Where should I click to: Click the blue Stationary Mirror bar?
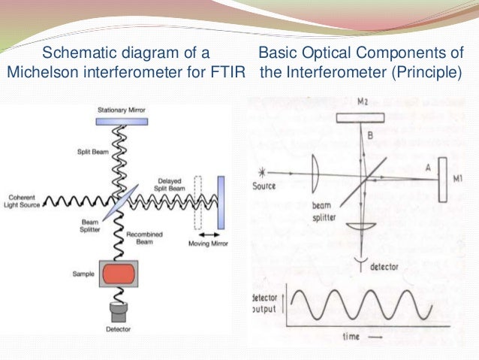[122, 120]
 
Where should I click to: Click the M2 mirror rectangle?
[362, 118]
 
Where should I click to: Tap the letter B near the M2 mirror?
[370, 135]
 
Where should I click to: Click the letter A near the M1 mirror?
[427, 169]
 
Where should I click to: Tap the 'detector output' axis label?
[269, 304]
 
